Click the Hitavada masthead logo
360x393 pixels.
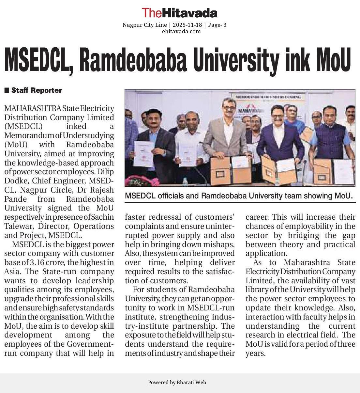coord(179,13)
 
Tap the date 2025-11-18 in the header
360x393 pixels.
coord(187,25)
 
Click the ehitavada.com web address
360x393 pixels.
coord(181,31)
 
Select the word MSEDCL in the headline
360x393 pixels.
coord(38,60)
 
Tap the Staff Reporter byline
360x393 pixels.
coord(37,90)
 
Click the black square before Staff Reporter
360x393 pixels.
coord(7,90)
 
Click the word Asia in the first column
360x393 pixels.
coord(13,272)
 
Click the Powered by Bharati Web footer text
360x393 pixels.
coord(177,383)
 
